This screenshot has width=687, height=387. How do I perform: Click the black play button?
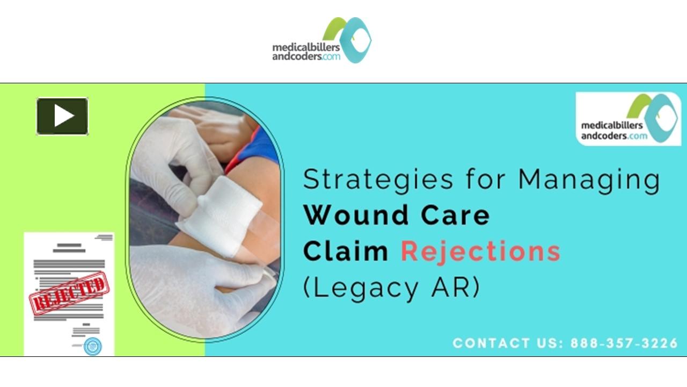coord(62,116)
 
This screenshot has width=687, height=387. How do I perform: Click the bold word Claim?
coord(346,251)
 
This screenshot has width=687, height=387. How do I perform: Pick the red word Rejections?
coord(480,251)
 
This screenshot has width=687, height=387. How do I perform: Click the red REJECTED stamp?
coord(68,293)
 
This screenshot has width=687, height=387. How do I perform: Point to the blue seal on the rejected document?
coord(92,346)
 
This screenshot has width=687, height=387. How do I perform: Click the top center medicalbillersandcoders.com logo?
coord(321,40)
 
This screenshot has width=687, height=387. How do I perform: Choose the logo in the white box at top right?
coord(628,119)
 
